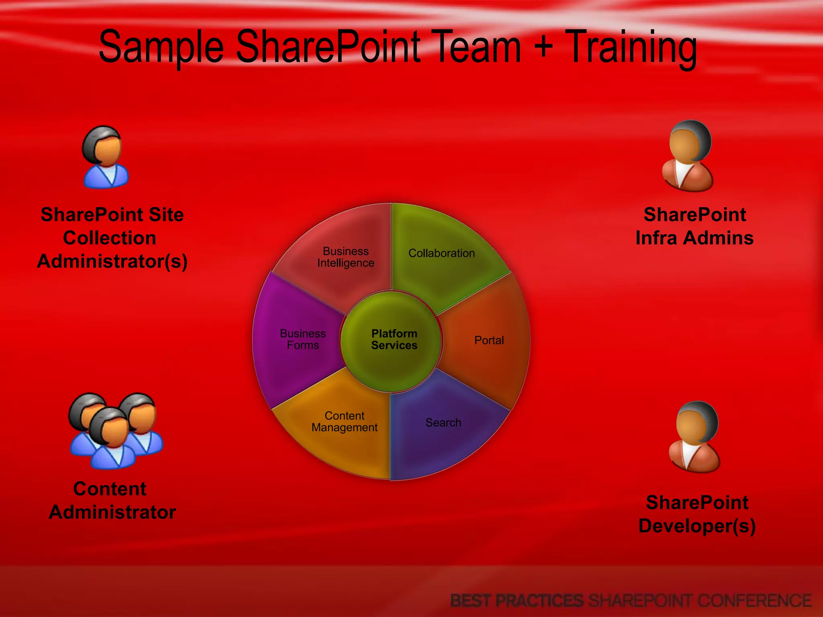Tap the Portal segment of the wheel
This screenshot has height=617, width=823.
click(489, 341)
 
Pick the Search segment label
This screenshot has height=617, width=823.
click(443, 423)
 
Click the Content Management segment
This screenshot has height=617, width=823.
click(344, 422)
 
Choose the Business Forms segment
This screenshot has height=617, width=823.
click(303, 339)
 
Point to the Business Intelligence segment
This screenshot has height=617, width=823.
click(346, 257)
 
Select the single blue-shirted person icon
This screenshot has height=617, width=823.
click(105, 157)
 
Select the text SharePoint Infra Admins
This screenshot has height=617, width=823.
click(694, 226)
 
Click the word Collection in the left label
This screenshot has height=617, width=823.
click(110, 238)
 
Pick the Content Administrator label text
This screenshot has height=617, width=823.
click(112, 501)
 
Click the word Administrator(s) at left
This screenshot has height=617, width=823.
click(112, 261)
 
